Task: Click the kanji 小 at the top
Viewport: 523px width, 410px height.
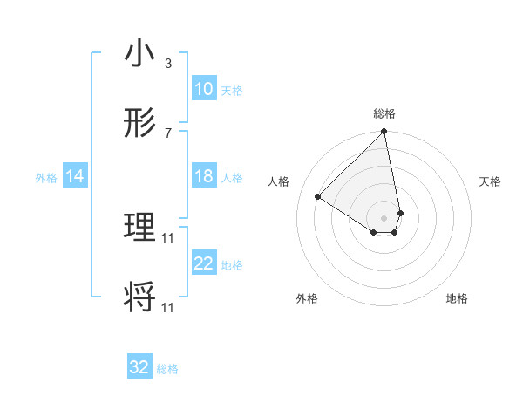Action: coord(139,54)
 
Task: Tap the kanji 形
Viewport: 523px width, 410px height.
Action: coord(139,124)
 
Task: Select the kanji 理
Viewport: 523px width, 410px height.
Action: coord(139,229)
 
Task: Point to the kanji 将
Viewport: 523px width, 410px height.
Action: coord(139,298)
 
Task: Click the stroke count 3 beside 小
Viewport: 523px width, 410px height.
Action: coord(167,64)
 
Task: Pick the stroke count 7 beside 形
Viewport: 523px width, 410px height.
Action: coord(167,133)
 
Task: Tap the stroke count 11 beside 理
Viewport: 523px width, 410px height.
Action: coord(168,237)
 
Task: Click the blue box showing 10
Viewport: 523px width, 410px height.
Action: coord(203,89)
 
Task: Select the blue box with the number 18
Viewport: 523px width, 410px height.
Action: coord(203,176)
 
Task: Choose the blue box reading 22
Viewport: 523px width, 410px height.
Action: coord(203,263)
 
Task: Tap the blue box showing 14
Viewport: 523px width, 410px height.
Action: coord(75,176)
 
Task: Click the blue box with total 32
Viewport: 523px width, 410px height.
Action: coord(139,367)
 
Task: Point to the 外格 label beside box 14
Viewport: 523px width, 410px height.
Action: coord(46,177)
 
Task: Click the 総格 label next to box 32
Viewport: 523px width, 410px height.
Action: coord(167,369)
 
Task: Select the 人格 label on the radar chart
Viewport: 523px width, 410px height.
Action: coord(280,181)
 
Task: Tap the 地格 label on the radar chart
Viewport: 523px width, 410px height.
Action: coord(457,298)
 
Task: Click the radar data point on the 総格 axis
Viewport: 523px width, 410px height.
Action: coord(384,133)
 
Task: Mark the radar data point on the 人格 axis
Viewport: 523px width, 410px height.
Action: coord(318,197)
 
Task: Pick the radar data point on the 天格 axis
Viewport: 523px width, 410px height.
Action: coord(400,213)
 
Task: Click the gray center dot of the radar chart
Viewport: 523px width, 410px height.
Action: coord(384,217)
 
